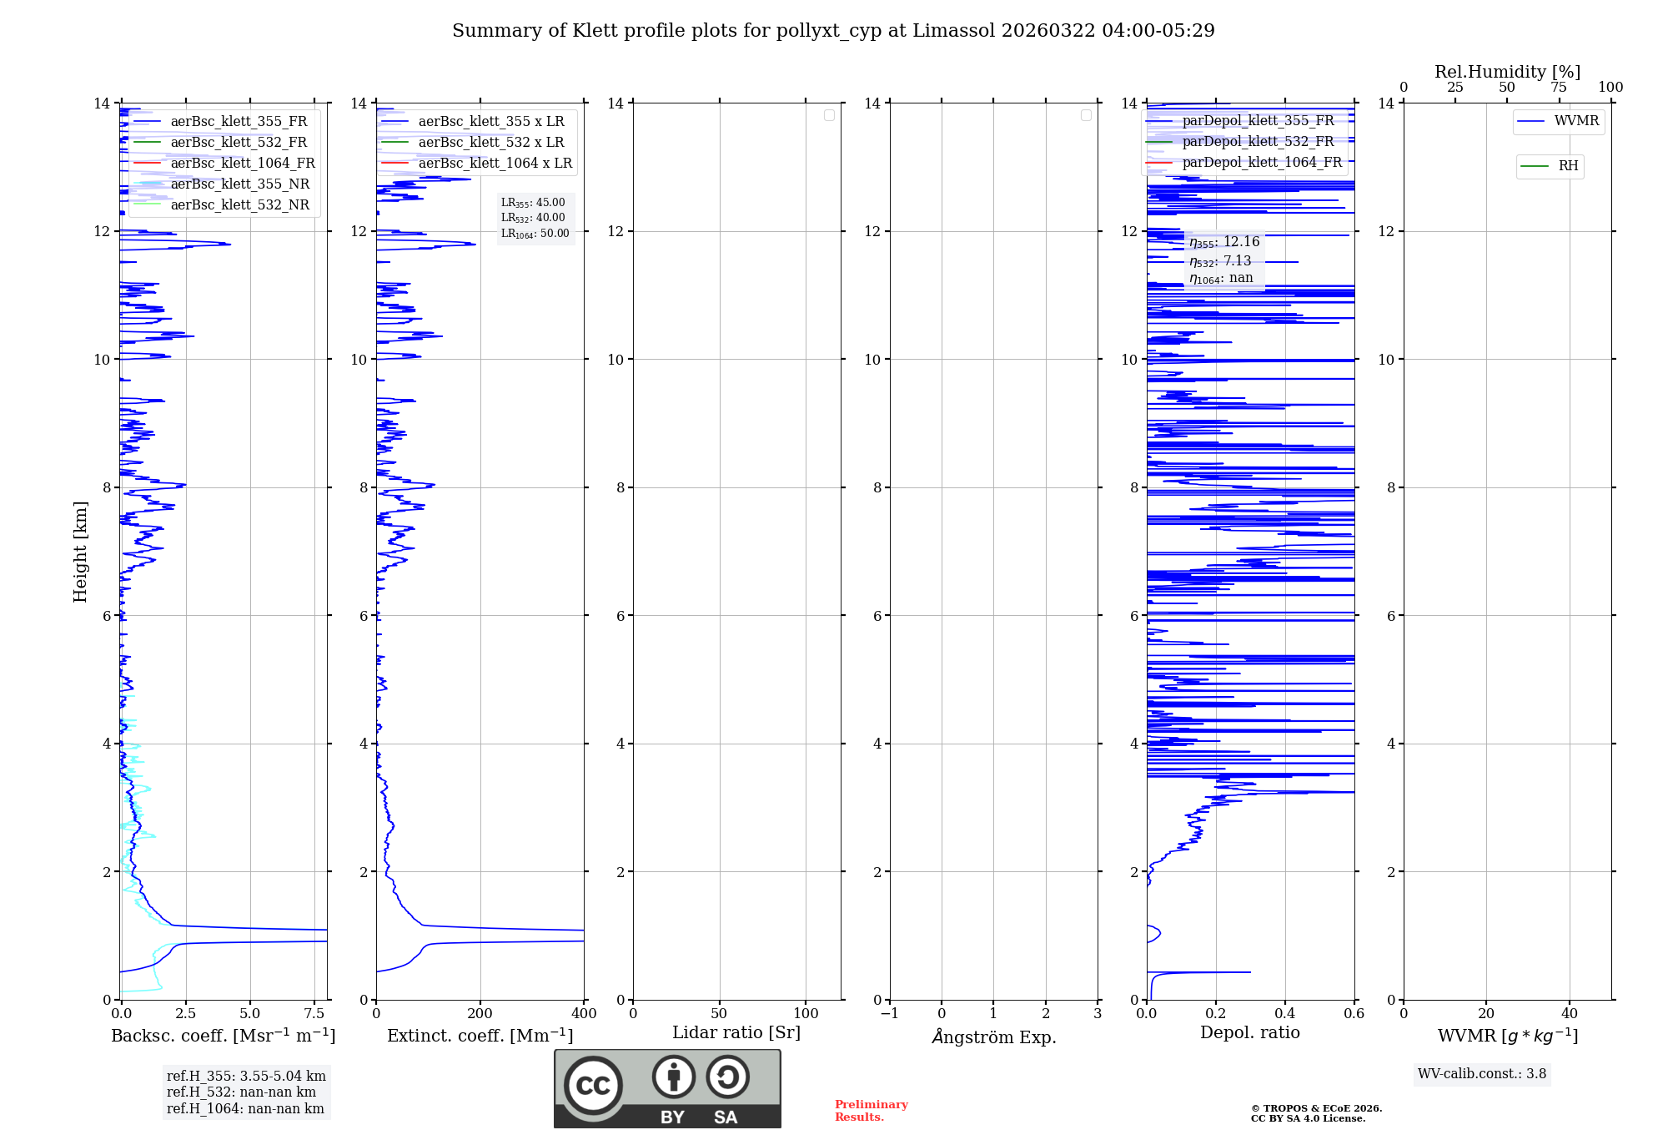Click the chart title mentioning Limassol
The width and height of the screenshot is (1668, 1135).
coord(833,31)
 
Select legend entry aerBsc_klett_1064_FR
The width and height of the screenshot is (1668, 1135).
coord(242,163)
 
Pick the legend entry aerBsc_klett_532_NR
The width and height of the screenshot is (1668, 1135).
coord(239,204)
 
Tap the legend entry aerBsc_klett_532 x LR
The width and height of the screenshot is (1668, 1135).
coord(490,142)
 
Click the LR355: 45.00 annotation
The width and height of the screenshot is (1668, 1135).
coord(533,203)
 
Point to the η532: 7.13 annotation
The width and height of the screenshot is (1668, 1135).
coord(1221,261)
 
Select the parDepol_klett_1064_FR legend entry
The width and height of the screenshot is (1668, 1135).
coord(1261,162)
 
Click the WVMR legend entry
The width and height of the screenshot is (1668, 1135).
coord(1575,121)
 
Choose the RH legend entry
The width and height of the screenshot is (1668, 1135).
coord(1568,166)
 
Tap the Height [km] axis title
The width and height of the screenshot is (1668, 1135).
coord(80,551)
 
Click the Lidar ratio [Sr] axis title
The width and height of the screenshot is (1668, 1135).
coord(736,1032)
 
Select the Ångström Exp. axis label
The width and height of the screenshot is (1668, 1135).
coord(993,1037)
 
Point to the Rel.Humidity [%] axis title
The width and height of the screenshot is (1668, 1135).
coord(1507,72)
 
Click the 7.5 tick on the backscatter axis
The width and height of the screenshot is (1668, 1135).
coord(314,1013)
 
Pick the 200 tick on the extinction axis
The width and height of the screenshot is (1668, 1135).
coord(480,1013)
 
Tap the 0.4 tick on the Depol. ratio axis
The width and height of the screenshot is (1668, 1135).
coord(1285,1013)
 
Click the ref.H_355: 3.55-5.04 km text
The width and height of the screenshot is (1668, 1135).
coord(246,1076)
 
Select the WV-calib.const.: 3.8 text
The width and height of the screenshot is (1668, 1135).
coord(1482,1073)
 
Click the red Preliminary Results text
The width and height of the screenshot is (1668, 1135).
coord(871,1110)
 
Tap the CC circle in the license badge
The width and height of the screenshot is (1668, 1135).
coord(593,1085)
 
